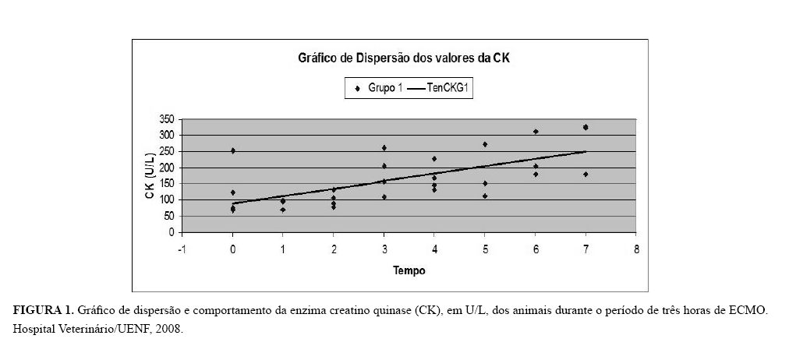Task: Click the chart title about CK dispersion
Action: [x=405, y=58]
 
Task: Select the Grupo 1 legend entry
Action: [x=380, y=89]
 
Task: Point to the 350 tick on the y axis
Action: [x=166, y=119]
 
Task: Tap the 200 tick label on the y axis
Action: [x=166, y=168]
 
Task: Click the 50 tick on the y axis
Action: [x=168, y=216]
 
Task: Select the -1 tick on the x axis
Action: [x=182, y=249]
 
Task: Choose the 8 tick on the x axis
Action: [x=637, y=249]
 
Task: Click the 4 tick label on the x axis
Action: [x=434, y=249]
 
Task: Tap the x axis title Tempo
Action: [x=409, y=271]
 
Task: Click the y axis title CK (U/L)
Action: [x=149, y=176]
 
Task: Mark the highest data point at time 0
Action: [x=232, y=150]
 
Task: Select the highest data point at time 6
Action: [x=536, y=132]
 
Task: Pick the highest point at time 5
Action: [x=485, y=144]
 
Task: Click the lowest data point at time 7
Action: [x=586, y=175]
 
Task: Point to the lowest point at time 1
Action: [x=283, y=210]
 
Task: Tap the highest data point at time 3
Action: [x=384, y=147]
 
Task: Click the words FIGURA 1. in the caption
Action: [x=43, y=311]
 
